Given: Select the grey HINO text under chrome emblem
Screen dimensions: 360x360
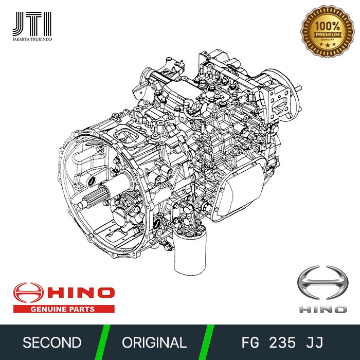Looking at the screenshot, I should (x=322, y=309).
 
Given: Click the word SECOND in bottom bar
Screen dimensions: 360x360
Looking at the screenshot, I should (x=51, y=343).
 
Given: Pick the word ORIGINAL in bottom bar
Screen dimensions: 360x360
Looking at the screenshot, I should (x=154, y=343).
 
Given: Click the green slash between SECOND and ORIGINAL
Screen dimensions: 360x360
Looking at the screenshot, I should (x=105, y=343).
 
